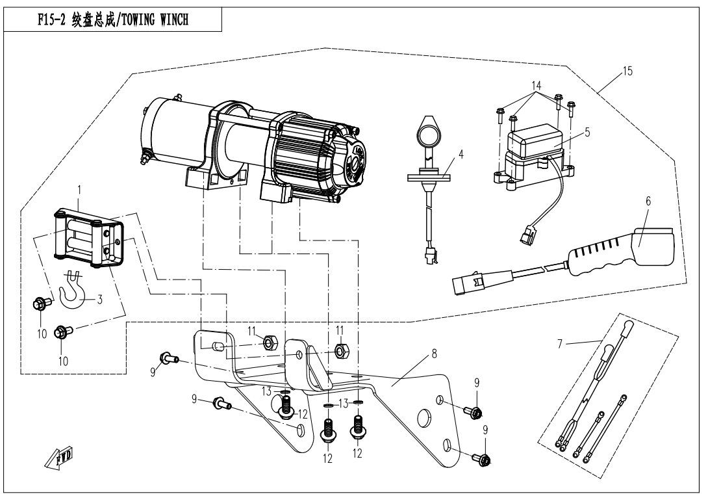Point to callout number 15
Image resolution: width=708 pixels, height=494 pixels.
pyautogui.click(x=626, y=70)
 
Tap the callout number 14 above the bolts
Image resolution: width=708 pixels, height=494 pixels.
pyautogui.click(x=535, y=85)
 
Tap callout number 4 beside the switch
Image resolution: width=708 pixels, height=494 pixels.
pyautogui.click(x=461, y=155)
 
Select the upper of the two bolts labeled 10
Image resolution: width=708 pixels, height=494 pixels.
pyautogui.click(x=40, y=302)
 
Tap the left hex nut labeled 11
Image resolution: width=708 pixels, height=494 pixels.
pyautogui.click(x=268, y=342)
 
